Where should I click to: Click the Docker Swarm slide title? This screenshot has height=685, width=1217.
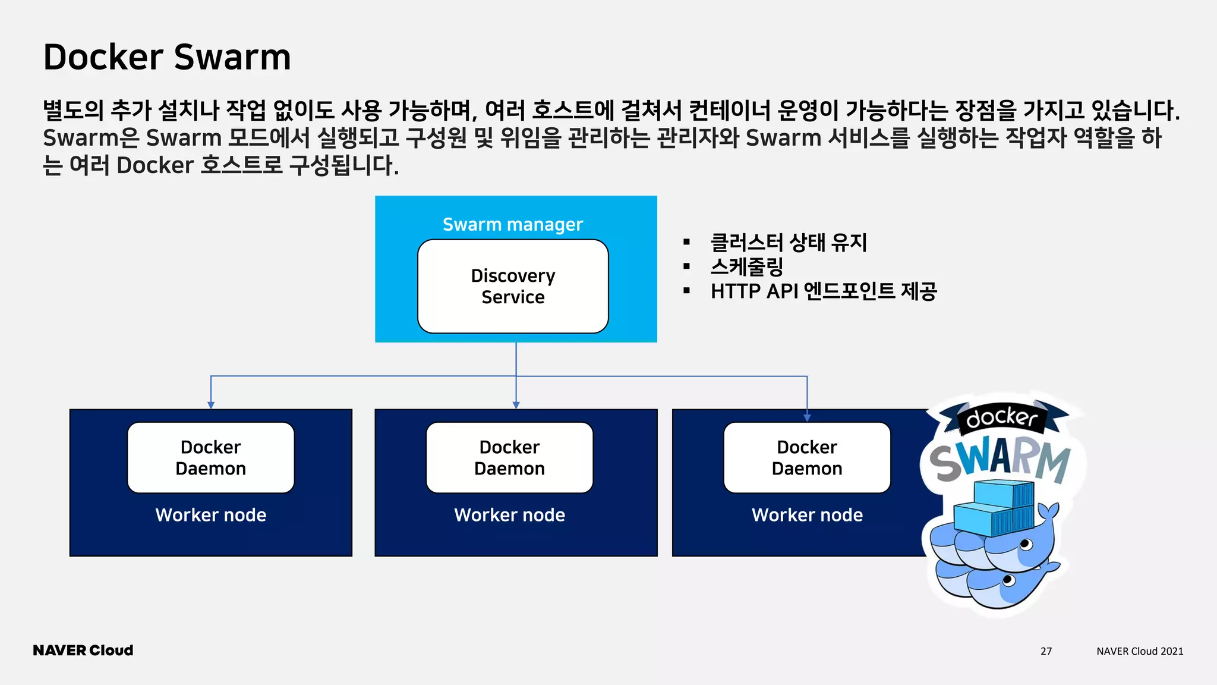167,57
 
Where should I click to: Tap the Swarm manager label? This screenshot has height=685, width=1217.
512,224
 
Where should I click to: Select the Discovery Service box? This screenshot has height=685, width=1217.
513,286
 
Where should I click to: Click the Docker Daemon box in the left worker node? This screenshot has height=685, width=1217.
210,457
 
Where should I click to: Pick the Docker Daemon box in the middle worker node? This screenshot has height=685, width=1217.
509,457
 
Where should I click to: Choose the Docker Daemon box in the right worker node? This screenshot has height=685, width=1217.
806,457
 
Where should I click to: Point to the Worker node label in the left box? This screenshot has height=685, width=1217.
210,514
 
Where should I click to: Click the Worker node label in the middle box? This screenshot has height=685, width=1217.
509,514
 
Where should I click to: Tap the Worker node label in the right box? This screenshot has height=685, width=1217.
806,514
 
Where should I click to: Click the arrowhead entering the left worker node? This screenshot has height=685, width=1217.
211,405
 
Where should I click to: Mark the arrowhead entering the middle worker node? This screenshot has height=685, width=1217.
516,405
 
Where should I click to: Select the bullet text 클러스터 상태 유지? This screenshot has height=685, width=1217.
789,242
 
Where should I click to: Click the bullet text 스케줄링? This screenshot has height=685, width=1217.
746,266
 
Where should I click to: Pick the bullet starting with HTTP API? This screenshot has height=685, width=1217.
823,291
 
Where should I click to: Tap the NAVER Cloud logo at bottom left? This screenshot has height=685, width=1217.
83,651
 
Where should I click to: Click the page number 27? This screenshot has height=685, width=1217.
1046,651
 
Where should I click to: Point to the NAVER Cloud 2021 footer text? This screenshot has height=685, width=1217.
1139,651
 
